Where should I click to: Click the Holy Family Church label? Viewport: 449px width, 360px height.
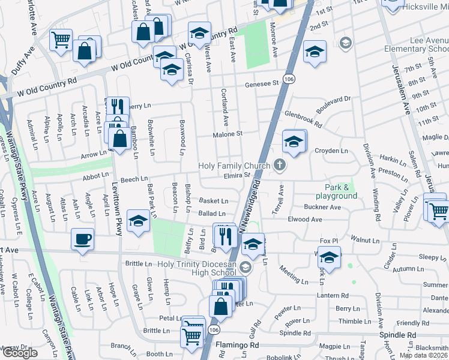pos(235,166)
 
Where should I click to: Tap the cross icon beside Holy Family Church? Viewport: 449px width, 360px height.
pos(279,164)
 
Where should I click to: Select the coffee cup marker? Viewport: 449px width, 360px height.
pos(83,239)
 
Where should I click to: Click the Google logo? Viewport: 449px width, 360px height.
pos(20,353)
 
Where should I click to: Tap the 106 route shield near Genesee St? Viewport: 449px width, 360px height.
pos(289,79)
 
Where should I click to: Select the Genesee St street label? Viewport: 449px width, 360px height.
pos(262,85)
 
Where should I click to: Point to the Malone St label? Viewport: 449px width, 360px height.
pos(228,134)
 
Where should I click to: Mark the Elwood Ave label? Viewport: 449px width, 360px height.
pos(305,220)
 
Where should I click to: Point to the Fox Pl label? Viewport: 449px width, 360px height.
pos(329,241)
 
